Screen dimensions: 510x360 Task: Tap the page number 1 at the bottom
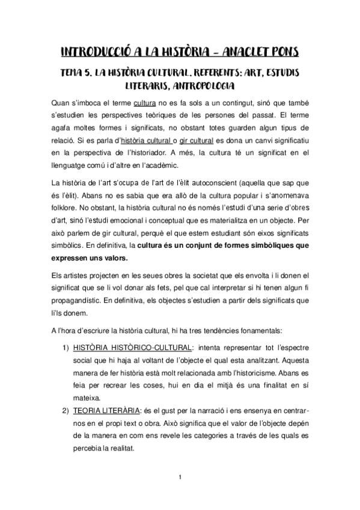coord(180,478)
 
